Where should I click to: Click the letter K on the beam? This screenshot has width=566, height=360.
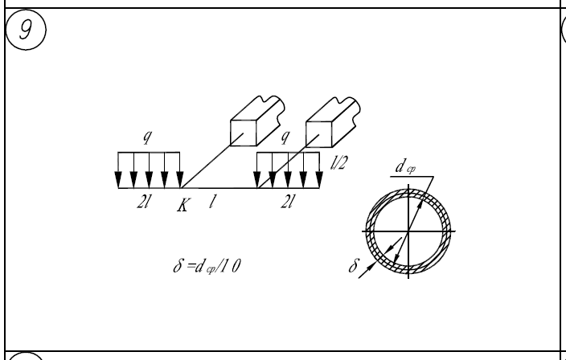tap(184, 206)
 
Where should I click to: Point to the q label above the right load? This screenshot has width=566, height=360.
tap(284, 138)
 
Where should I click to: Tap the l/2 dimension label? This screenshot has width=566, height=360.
tap(338, 165)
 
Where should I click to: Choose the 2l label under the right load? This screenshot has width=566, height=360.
tap(288, 204)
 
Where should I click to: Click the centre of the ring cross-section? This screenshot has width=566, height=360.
tap(408, 231)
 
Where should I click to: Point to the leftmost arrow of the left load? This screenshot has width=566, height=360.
tap(118, 170)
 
